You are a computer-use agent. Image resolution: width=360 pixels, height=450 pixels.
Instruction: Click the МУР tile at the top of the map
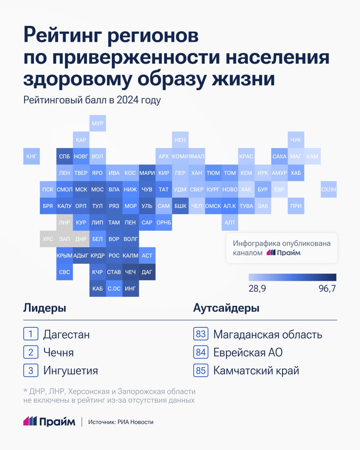[x=97, y=123]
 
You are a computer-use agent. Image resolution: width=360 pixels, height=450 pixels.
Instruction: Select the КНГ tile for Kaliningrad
[x=31, y=156]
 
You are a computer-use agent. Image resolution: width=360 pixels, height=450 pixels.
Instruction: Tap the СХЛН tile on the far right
[x=328, y=189]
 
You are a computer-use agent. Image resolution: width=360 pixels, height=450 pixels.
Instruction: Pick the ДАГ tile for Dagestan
[x=147, y=272]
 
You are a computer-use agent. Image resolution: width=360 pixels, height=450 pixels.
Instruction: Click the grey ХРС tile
[x=48, y=239]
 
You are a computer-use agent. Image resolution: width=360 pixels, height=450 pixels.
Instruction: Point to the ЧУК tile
[x=296, y=140]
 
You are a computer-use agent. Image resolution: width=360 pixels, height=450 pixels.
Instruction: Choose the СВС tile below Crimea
[x=64, y=272]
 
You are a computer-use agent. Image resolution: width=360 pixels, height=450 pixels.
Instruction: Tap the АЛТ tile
[x=230, y=223]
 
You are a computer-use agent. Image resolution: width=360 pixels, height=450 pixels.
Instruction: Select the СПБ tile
[x=64, y=156]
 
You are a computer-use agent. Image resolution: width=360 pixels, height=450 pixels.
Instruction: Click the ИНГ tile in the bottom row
[x=130, y=289]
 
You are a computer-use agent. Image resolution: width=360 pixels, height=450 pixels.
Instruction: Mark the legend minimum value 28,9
[x=257, y=289]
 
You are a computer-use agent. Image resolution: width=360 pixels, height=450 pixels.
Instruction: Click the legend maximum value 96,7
[x=327, y=289]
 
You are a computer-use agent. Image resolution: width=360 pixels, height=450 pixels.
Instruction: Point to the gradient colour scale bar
[x=292, y=277]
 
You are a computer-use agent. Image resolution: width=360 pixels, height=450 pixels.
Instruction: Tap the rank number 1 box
[x=31, y=334]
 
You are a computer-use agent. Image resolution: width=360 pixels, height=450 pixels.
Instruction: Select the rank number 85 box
[x=200, y=371]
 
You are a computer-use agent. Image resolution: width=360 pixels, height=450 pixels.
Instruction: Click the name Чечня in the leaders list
[x=58, y=352]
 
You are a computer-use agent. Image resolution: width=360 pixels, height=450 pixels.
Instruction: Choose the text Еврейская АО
[x=248, y=352]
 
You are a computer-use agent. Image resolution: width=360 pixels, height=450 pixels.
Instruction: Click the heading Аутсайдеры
[x=226, y=308]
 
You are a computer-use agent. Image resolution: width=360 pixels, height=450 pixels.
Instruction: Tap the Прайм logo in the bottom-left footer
[x=49, y=422]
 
